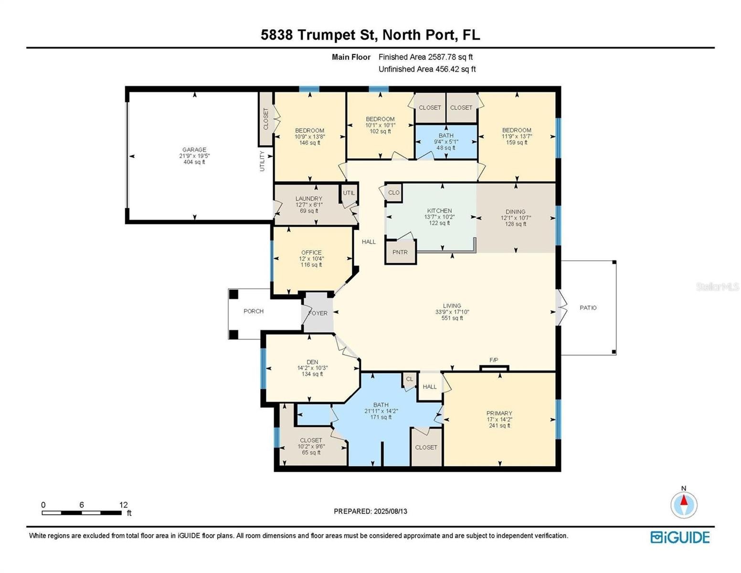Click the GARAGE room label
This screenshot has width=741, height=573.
194,149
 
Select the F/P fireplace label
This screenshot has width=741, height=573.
493,360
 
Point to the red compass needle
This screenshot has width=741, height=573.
683,500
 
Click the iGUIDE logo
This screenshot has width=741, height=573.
680,538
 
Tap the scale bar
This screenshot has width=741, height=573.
82,513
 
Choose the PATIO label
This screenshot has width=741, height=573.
588,308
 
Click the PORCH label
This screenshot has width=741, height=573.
254,311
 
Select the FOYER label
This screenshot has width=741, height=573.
318,313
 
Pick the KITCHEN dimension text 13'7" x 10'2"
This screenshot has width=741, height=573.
439,217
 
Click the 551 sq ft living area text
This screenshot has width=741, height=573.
452,318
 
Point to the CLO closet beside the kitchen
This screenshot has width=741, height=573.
393,192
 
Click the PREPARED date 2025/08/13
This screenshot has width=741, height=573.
390,511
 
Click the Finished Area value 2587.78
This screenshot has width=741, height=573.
443,57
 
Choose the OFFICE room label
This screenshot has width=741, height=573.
311,253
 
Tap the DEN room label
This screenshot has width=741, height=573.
312,362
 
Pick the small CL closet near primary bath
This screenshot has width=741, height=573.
410,379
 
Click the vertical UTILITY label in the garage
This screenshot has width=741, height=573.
262,161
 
